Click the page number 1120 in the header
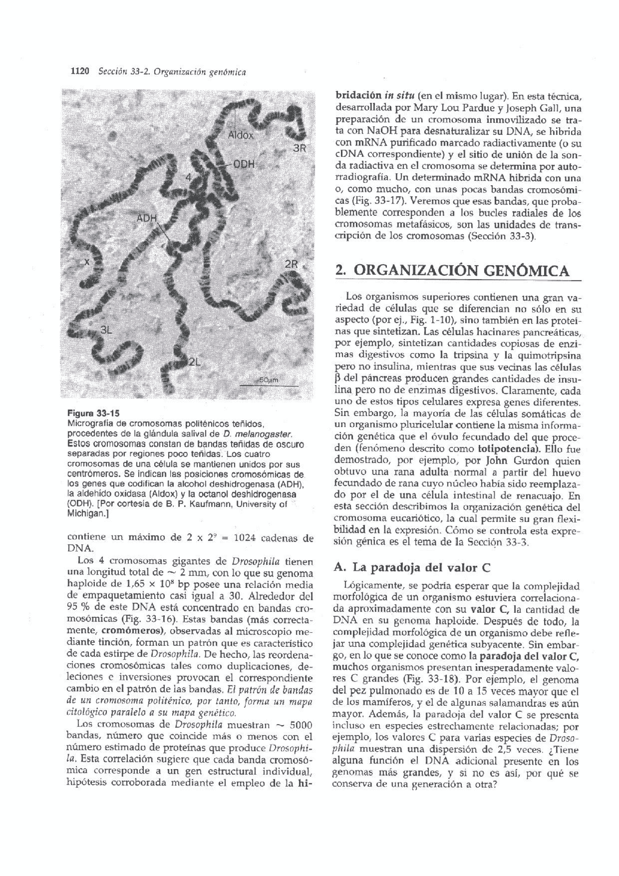pos(80,72)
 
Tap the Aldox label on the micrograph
pos(241,135)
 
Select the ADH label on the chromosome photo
pos(147,218)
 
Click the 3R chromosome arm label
pos(300,148)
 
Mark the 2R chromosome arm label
pos(292,265)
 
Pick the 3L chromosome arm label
pos(106,330)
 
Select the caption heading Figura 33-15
pos(92,414)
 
